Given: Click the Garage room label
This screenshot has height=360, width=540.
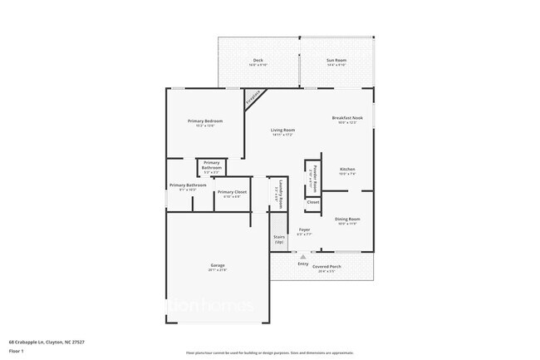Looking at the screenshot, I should pyautogui.click(x=218, y=268).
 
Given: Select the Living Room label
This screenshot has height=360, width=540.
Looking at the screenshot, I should pyautogui.click(x=282, y=131).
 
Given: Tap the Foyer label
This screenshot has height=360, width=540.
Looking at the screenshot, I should pyautogui.click(x=304, y=230).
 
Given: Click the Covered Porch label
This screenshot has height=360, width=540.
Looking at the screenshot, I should pyautogui.click(x=326, y=267).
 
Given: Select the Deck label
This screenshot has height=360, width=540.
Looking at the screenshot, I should pyautogui.click(x=258, y=61).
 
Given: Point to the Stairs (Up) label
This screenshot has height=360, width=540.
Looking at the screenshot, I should pyautogui.click(x=279, y=239).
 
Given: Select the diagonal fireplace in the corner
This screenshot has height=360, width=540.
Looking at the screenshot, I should pyautogui.click(x=254, y=99).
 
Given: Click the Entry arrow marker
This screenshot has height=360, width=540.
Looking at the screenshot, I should pyautogui.click(x=303, y=257).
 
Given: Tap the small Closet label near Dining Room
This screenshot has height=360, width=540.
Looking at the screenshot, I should pyautogui.click(x=312, y=202).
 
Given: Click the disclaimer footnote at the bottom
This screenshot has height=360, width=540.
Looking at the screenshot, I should pyautogui.click(x=270, y=353).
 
